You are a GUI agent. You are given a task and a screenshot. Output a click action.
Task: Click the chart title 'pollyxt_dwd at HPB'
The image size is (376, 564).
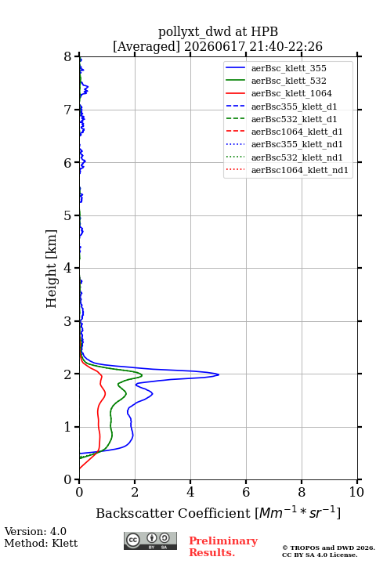(218, 32)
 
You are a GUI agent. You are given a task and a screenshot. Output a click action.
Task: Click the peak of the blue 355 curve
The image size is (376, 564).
(219, 374)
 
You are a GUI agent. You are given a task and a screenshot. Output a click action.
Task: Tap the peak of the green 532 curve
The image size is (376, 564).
(142, 375)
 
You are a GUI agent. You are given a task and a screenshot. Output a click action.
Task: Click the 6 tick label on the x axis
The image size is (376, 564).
(246, 492)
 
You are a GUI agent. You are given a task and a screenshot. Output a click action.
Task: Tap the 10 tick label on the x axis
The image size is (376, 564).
(356, 492)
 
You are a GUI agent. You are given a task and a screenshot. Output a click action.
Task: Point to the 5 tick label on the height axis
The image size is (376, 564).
(67, 216)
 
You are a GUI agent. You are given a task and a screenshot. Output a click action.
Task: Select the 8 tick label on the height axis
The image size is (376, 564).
(67, 57)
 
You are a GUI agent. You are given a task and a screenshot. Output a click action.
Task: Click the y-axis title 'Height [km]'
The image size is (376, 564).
(52, 269)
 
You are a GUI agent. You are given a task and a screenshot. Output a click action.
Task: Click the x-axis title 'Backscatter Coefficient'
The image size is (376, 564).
(172, 513)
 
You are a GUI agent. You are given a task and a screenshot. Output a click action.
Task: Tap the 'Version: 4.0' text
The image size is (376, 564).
(35, 532)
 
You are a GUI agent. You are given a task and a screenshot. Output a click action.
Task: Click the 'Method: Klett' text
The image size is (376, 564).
(41, 543)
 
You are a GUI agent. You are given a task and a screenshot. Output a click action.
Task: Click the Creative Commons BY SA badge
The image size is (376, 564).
(150, 541)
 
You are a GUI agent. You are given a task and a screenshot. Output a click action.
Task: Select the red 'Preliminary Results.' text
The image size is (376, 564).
(223, 547)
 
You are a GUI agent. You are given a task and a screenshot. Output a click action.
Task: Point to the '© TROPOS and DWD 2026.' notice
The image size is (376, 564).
(328, 548)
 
